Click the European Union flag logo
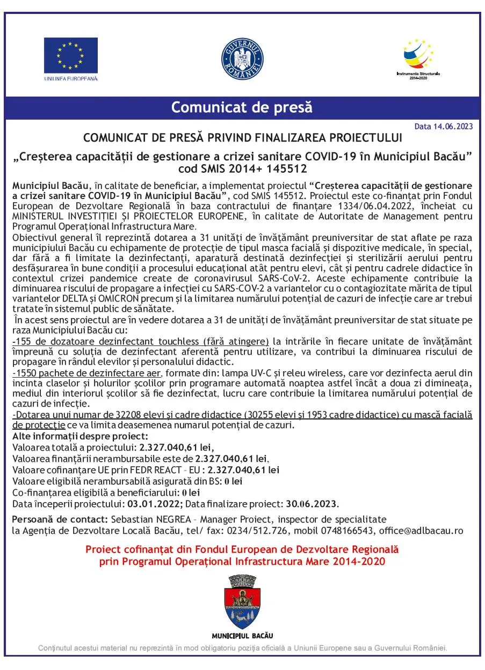tap(70, 56)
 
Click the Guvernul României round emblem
tap(242, 60)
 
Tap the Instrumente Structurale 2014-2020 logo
tap(418, 57)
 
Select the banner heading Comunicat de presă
tap(242, 107)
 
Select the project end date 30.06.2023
tap(312, 504)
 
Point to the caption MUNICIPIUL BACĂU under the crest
tap(242, 636)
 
